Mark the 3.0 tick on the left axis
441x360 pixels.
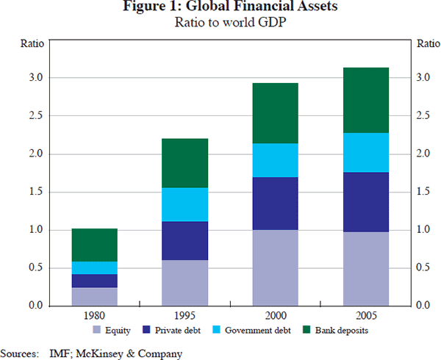[37, 78]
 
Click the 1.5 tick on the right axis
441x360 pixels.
[424, 192]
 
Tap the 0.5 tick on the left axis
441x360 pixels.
[37, 267]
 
